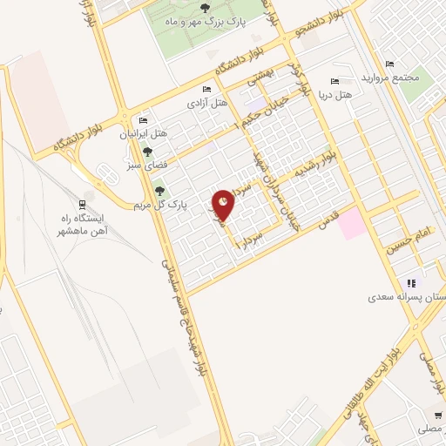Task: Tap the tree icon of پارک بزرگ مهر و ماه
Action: click(204, 8)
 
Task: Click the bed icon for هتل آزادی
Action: click(206, 89)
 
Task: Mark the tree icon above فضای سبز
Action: click(147, 152)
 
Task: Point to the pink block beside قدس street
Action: click(352, 224)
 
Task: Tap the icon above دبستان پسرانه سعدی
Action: click(411, 283)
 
